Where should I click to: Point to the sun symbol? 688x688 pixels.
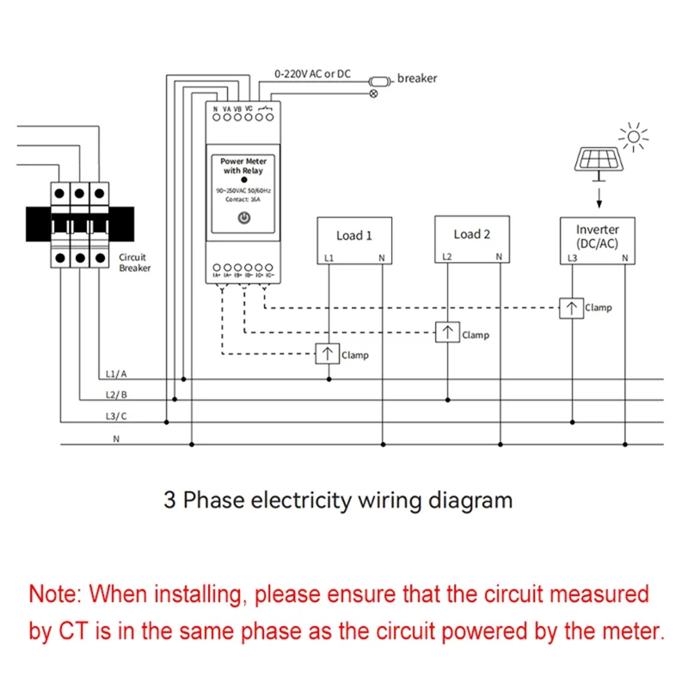(x=635, y=136)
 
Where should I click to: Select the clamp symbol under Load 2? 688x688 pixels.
(x=446, y=333)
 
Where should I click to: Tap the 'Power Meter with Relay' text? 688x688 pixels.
(x=243, y=166)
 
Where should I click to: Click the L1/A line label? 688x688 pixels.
(x=116, y=374)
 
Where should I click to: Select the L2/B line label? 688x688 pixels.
(x=116, y=395)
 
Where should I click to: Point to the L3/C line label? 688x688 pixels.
(x=116, y=416)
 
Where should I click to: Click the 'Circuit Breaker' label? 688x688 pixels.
(x=134, y=262)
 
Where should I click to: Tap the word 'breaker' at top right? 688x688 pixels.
(x=417, y=78)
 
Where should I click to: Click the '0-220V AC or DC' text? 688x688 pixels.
(x=312, y=74)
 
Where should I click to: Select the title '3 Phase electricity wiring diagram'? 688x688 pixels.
(x=338, y=500)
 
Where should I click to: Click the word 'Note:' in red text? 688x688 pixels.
(x=56, y=593)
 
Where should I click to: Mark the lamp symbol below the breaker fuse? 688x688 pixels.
(x=372, y=94)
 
